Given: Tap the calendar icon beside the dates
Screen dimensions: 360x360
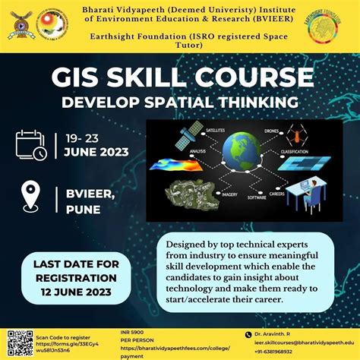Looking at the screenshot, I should pyautogui.click(x=31, y=144).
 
